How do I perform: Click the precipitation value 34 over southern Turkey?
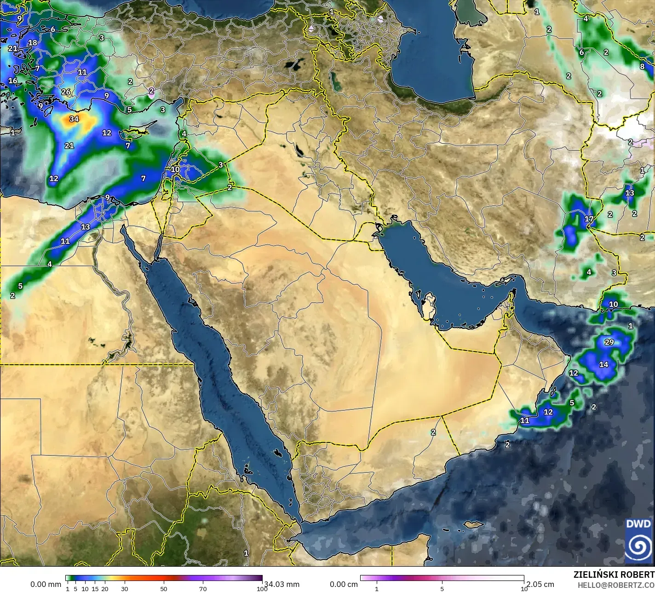pyautogui.click(x=74, y=119)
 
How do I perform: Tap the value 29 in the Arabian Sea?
pyautogui.click(x=609, y=342)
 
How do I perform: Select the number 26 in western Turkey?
pyautogui.click(x=66, y=92)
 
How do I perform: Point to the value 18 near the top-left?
pyautogui.click(x=32, y=43)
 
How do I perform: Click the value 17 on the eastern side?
pyautogui.click(x=589, y=219)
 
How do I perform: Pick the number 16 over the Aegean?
pyautogui.click(x=13, y=81)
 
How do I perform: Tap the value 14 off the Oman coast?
pyautogui.click(x=603, y=364)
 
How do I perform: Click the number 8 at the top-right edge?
pyautogui.click(x=642, y=66)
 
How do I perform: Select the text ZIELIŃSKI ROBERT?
pyautogui.click(x=614, y=575)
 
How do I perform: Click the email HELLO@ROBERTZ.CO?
pyautogui.click(x=616, y=585)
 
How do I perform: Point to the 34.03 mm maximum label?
pyautogui.click(x=282, y=584)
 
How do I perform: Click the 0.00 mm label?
pyautogui.click(x=46, y=584)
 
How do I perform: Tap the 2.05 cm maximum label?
pyautogui.click(x=540, y=584)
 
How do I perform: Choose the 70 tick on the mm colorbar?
pyautogui.click(x=203, y=589)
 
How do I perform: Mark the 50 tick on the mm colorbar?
pyautogui.click(x=164, y=589)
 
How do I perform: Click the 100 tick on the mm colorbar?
pyautogui.click(x=262, y=589)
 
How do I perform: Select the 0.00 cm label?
pyautogui.click(x=344, y=584)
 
